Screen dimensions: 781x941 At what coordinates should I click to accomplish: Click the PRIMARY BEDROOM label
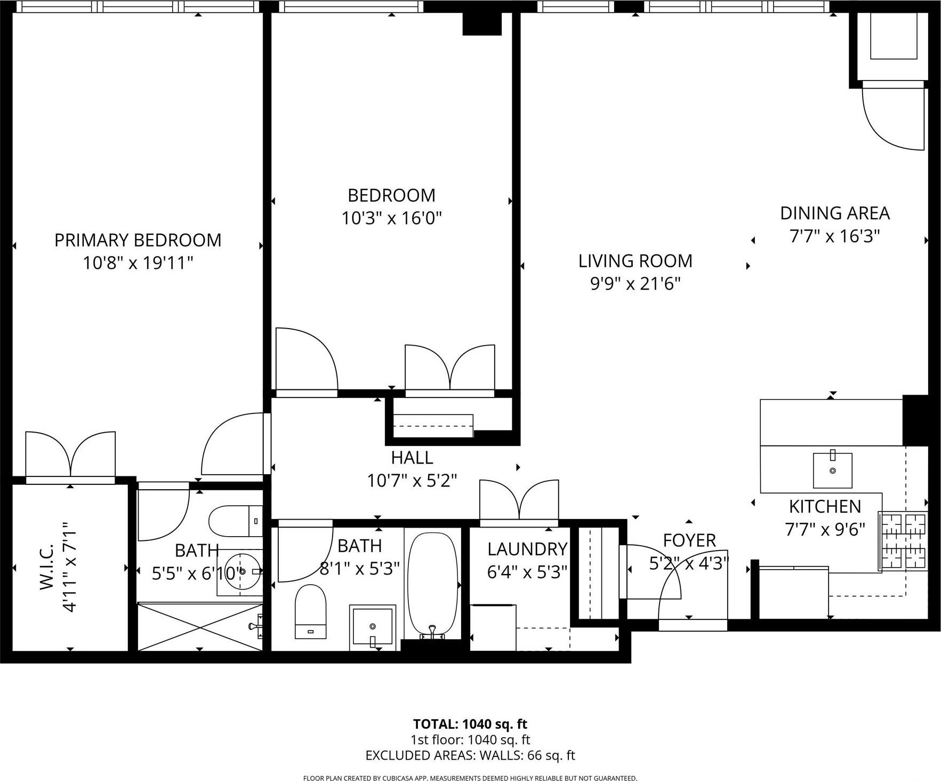click(138, 240)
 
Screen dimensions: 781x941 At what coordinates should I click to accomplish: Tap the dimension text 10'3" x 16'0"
click(391, 218)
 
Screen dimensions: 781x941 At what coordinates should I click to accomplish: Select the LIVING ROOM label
click(635, 261)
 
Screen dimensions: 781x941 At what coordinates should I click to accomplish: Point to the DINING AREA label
click(834, 213)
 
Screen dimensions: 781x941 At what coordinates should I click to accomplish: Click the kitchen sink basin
click(832, 471)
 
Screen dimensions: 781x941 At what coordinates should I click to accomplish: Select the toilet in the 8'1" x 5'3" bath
click(310, 611)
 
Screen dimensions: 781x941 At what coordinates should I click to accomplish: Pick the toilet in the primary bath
click(235, 521)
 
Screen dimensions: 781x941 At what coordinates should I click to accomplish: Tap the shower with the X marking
click(200, 626)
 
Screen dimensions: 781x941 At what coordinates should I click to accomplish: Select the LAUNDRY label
click(527, 549)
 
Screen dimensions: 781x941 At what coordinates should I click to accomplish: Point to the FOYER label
click(689, 540)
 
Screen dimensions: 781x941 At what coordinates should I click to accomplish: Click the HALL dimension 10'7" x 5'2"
click(412, 481)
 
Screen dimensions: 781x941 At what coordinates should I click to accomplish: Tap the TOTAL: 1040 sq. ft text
click(470, 724)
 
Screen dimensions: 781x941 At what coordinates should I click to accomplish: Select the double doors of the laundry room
click(519, 500)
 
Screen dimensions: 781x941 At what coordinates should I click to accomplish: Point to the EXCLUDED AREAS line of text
click(470, 755)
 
